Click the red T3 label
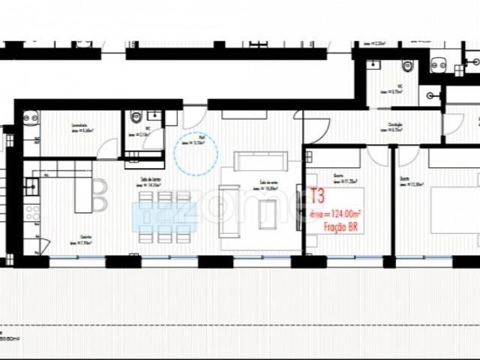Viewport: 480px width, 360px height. (317, 196)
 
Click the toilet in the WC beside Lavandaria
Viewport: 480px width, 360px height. (136, 118)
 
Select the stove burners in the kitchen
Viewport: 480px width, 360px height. (32, 213)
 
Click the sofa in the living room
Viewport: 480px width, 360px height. (259, 160)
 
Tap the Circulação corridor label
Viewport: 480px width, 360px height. (397, 125)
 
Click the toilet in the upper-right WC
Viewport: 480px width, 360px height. (405, 65)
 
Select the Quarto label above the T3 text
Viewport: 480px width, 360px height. (339, 178)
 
